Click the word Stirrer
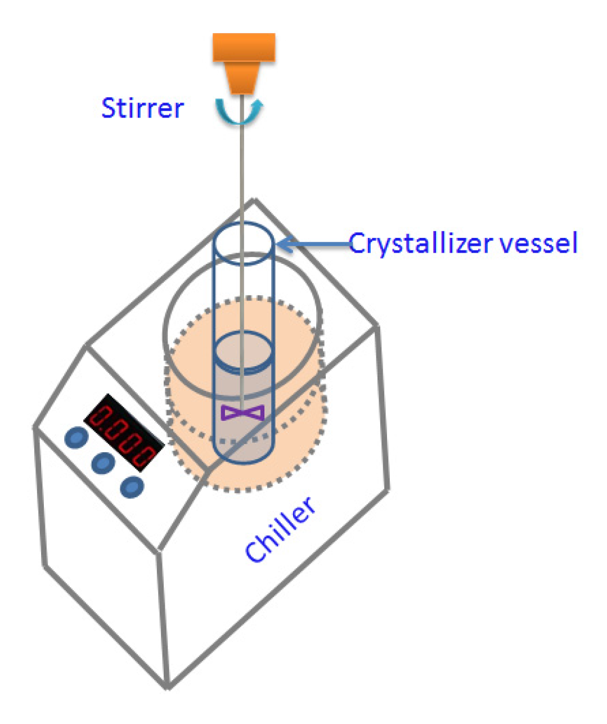142,107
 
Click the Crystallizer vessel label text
463,244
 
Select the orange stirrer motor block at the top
244,47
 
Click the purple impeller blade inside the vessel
243,413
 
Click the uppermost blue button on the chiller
75,438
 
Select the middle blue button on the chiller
103,462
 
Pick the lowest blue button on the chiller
132,487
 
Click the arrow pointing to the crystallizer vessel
312,244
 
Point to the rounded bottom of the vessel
243,456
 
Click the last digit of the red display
149,455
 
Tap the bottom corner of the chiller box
168,687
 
